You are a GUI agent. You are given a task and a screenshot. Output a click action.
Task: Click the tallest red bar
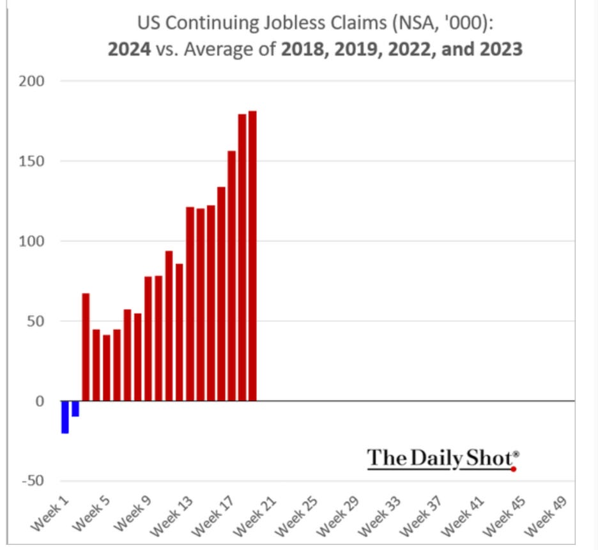tap(252, 256)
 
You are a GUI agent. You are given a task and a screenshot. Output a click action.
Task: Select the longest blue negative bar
tap(65, 417)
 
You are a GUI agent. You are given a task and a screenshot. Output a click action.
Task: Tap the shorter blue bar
tap(75, 409)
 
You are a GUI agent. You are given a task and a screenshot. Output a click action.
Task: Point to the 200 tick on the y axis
tap(34, 81)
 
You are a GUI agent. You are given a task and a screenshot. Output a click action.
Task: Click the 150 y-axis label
tap(34, 161)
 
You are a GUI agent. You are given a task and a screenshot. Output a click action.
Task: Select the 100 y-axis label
tap(34, 241)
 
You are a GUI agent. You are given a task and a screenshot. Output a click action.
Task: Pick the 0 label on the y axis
tap(40, 401)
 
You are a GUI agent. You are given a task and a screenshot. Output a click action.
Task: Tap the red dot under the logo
tap(514, 469)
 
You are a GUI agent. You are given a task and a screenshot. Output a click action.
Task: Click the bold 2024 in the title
tap(129, 49)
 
